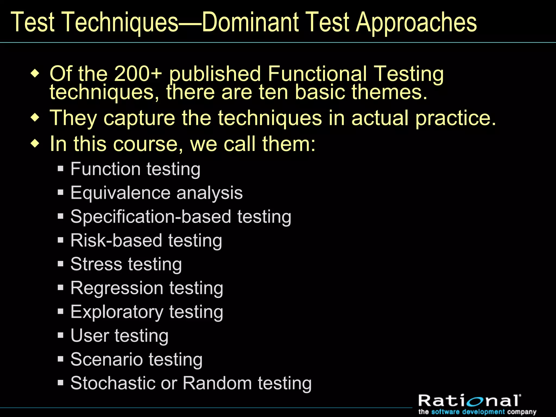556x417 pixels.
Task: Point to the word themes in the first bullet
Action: point(390,92)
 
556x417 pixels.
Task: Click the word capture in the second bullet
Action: point(139,118)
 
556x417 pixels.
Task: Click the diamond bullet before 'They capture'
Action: point(35,118)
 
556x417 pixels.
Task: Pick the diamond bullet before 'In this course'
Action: point(35,143)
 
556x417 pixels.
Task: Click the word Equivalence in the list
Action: point(121,193)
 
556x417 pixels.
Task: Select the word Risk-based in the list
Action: point(116,241)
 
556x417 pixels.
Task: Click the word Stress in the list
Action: point(96,264)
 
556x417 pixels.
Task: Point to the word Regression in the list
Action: point(117,288)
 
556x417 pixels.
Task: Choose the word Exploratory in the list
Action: point(117,312)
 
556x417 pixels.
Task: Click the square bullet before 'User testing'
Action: point(61,335)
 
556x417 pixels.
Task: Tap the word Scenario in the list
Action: point(107,359)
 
